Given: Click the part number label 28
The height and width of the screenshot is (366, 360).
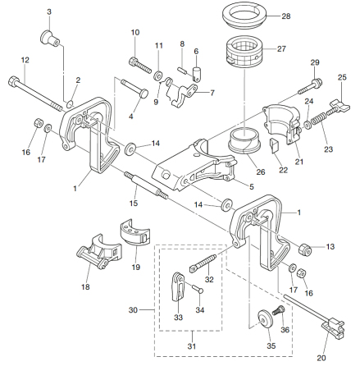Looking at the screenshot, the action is click(x=286, y=16).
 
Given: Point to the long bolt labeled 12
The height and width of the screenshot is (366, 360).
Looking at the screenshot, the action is click(x=35, y=94).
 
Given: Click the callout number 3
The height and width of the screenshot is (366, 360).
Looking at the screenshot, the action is click(x=49, y=12).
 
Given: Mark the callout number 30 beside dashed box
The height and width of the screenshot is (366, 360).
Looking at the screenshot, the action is click(x=133, y=310).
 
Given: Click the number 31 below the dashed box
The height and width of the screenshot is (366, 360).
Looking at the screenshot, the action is click(x=192, y=346).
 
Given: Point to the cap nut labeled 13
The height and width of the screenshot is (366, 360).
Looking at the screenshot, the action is click(x=304, y=249).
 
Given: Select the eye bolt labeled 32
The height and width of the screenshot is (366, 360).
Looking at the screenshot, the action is click(x=203, y=263).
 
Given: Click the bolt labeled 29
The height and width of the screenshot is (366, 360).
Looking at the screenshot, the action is click(x=310, y=86).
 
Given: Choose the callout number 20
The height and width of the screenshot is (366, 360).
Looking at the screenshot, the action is click(x=321, y=358).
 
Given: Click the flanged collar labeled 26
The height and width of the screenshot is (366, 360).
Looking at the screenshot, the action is click(x=244, y=140).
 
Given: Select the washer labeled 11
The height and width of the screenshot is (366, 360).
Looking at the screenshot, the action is click(x=157, y=75).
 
